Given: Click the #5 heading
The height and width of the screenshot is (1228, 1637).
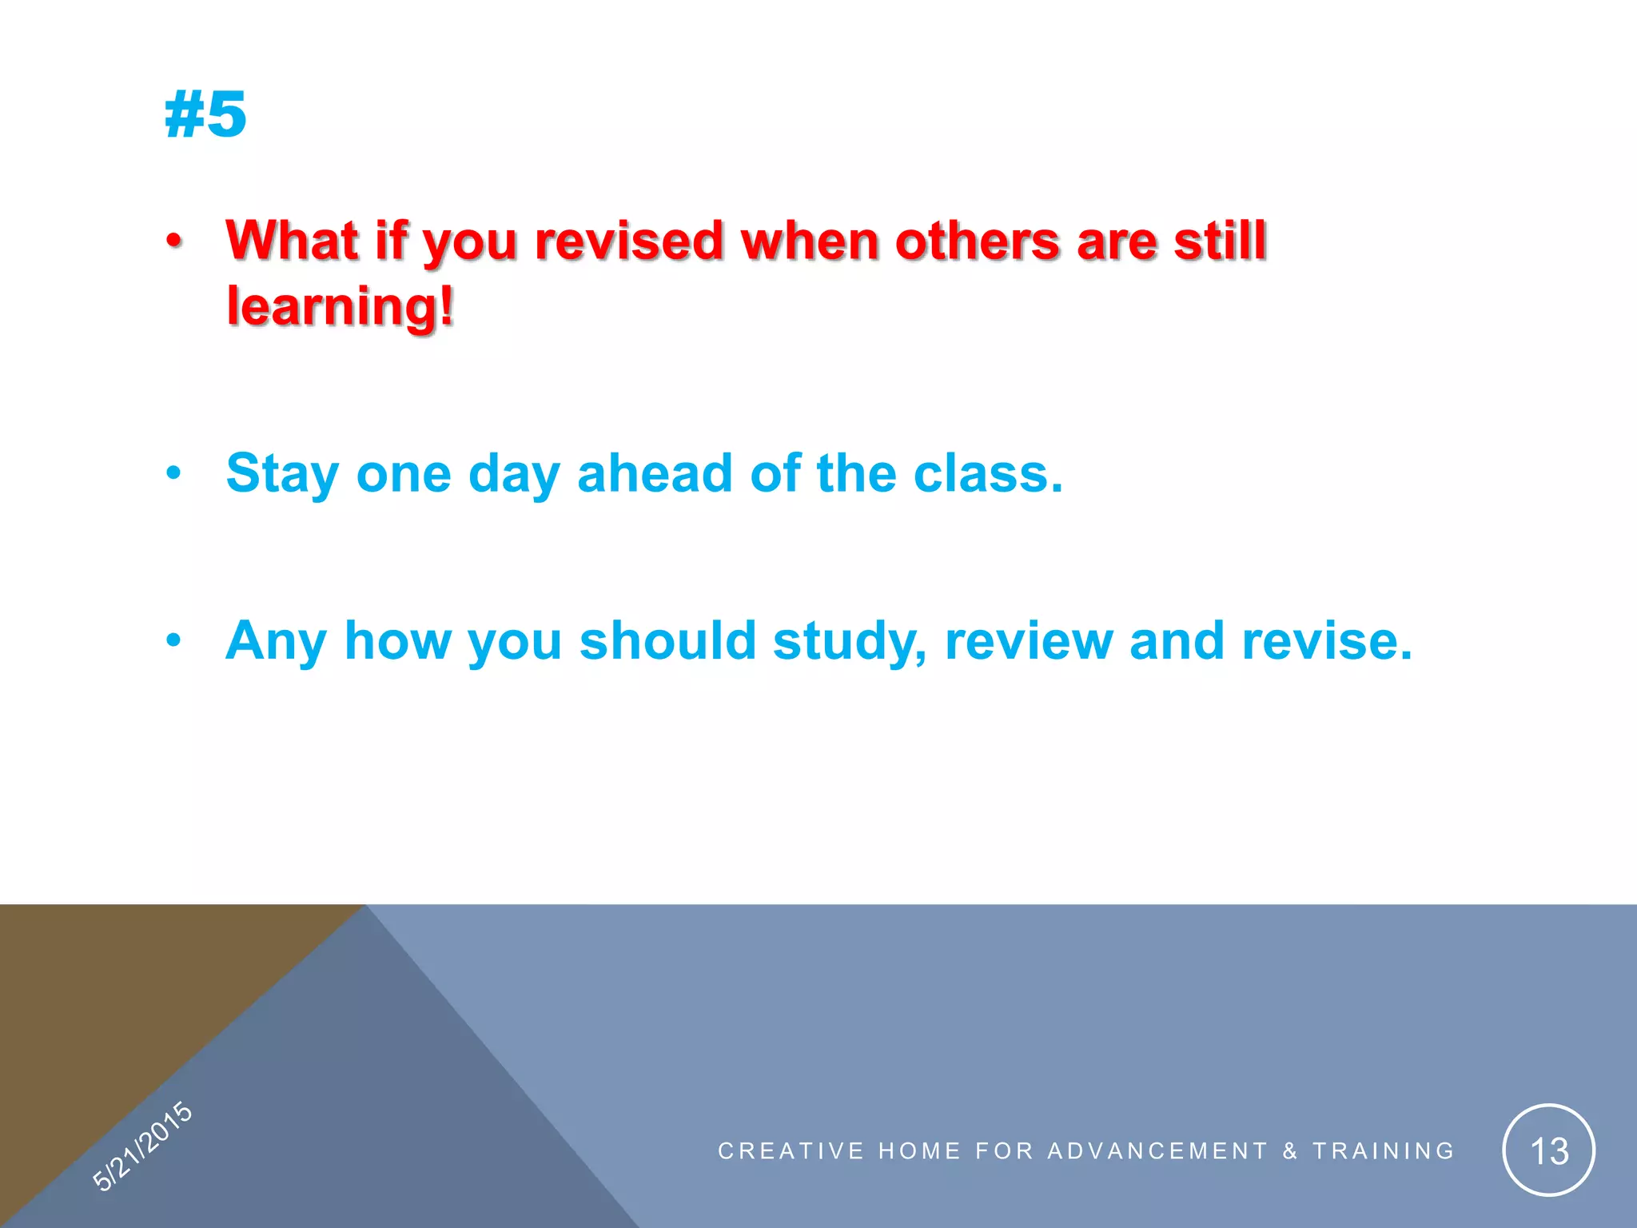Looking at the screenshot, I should point(205,114).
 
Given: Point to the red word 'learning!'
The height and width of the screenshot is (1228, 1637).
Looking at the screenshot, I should point(341,306).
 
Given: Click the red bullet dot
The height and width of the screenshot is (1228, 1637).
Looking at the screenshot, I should point(174,241).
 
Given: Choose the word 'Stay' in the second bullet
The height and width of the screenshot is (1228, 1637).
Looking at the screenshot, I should point(283,473).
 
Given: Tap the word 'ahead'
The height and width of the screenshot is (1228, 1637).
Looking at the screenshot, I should point(655,473).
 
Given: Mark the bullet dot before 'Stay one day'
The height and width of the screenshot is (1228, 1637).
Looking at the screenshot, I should point(174,473).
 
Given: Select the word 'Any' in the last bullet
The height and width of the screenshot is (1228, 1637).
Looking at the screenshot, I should point(277,641).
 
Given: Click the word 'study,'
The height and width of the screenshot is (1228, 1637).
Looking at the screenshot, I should point(850,641).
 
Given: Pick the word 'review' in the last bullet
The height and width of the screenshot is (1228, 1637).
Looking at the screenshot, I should point(1029,641).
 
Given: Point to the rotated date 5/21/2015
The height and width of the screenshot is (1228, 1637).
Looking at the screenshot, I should point(142,1146).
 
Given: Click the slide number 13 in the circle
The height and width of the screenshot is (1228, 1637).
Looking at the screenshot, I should point(1548,1151).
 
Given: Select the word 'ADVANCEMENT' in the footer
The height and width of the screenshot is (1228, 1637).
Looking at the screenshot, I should point(1157,1151).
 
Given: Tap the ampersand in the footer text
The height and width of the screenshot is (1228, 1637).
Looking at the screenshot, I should point(1289,1151).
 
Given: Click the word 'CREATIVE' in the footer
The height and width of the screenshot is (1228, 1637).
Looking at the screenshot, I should point(791,1151).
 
